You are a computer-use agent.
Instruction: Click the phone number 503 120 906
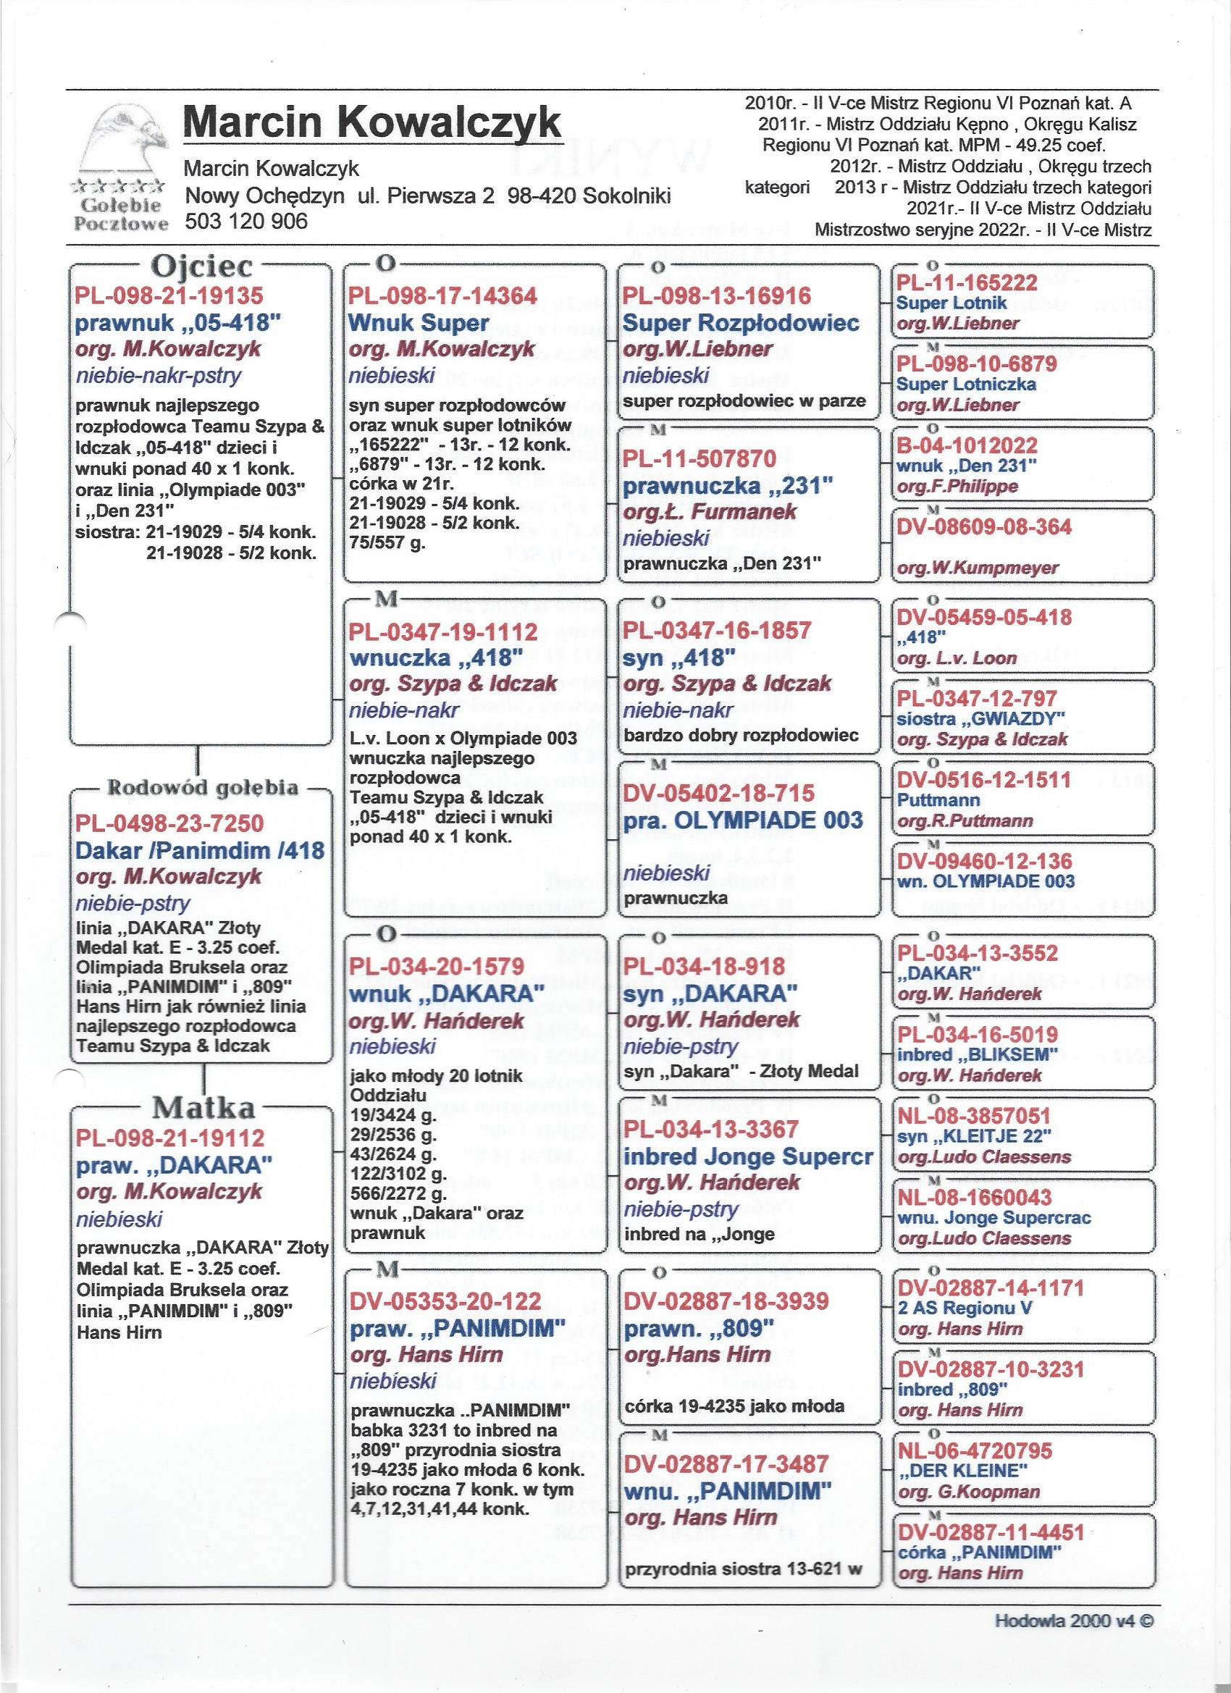(x=245, y=221)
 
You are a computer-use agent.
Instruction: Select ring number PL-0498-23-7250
(x=170, y=823)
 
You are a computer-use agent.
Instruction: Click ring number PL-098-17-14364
(x=442, y=295)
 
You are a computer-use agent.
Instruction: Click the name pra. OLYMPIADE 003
(x=743, y=820)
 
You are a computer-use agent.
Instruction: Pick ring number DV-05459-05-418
(x=984, y=618)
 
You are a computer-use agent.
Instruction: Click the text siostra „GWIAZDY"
(x=981, y=718)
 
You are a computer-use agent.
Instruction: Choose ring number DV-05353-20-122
(x=445, y=1301)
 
